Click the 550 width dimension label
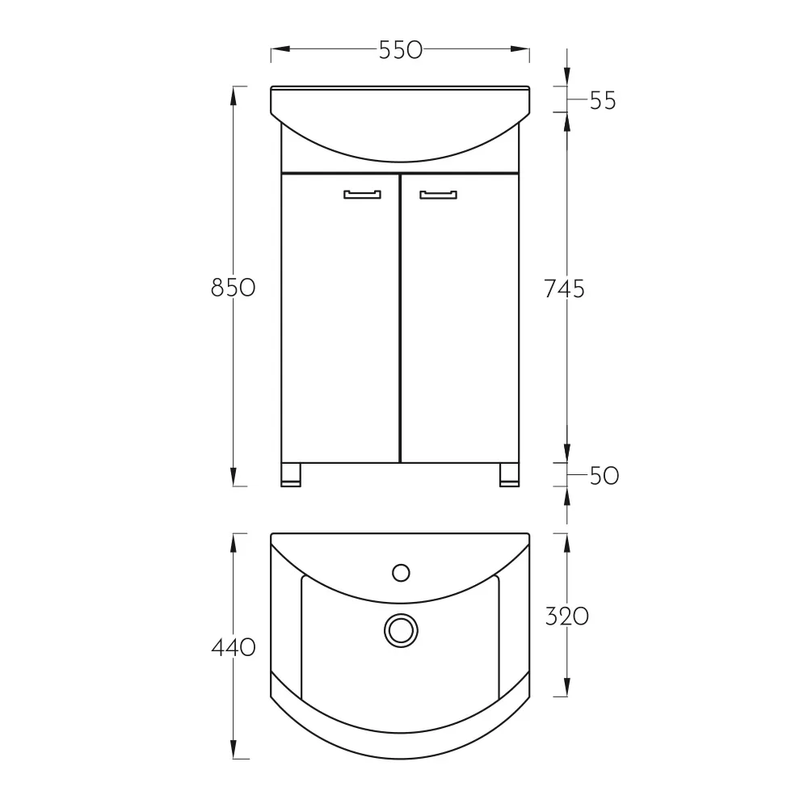401,50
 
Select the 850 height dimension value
233,288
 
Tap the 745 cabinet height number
564,288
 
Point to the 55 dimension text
603,100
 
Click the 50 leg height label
604,476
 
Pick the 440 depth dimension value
234,647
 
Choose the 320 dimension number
567,617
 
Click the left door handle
362,194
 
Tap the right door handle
438,194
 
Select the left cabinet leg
291,474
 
